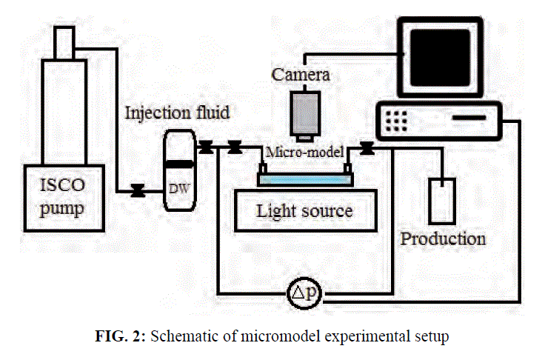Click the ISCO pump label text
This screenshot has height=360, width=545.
coord(62,197)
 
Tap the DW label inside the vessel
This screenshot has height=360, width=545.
coord(179,189)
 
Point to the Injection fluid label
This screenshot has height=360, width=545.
coord(177,113)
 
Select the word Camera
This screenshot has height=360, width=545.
coord(301,74)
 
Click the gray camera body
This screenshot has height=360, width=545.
coord(305,113)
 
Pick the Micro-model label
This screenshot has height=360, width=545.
coord(305,152)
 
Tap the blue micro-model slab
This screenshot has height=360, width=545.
coord(305,179)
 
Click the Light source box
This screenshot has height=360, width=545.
coord(306,210)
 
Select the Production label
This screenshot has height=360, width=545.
coord(443,239)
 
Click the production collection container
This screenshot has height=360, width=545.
coord(442,201)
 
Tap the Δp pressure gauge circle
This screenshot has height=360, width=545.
coord(304,294)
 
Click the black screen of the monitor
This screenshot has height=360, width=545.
coord(440,57)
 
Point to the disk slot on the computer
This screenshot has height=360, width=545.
coord(469,118)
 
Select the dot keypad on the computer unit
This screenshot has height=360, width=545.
coord(396,121)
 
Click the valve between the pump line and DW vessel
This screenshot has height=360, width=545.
coord(138,190)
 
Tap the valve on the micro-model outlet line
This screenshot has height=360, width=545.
coord(367,148)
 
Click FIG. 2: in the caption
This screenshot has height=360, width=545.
coord(120,336)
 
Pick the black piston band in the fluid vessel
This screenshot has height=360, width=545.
coord(179,164)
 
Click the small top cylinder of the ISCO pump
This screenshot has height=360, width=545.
coord(64,43)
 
